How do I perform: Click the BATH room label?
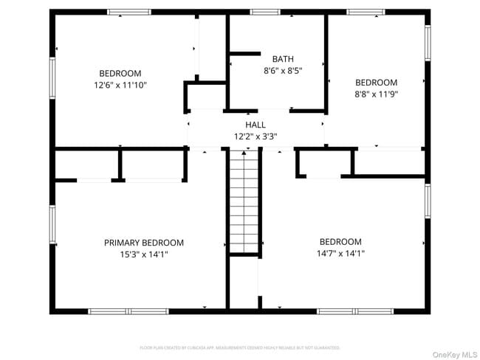point(283,59)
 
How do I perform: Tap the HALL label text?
point(256,125)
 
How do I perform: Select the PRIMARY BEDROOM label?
point(144,243)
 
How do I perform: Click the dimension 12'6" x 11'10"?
point(120,85)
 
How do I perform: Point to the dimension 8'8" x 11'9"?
point(377,94)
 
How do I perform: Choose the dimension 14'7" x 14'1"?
point(340,253)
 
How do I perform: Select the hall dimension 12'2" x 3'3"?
point(256,136)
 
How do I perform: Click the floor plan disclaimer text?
point(240,347)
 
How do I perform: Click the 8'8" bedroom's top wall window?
point(366,12)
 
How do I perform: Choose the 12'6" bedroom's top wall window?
point(129,12)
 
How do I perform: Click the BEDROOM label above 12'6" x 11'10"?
point(120,73)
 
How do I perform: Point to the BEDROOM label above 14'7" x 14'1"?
point(340,242)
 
